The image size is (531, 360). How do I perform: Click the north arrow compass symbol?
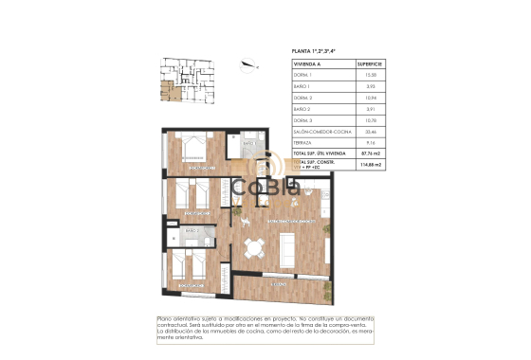tap(248, 65)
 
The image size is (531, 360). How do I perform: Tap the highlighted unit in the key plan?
tap(168, 92)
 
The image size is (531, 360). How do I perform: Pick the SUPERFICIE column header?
tap(371, 64)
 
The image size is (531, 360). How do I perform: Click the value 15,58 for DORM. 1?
tap(371, 75)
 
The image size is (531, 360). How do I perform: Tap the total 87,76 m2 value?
tap(371, 153)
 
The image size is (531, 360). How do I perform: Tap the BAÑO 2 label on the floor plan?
tap(192, 230)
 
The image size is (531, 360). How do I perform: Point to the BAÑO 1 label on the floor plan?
tap(249, 144)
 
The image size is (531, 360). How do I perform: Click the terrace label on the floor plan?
tap(278, 282)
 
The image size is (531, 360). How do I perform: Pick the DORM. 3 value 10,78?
tap(371, 122)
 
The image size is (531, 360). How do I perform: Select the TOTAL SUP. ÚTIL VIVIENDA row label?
tap(320, 153)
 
